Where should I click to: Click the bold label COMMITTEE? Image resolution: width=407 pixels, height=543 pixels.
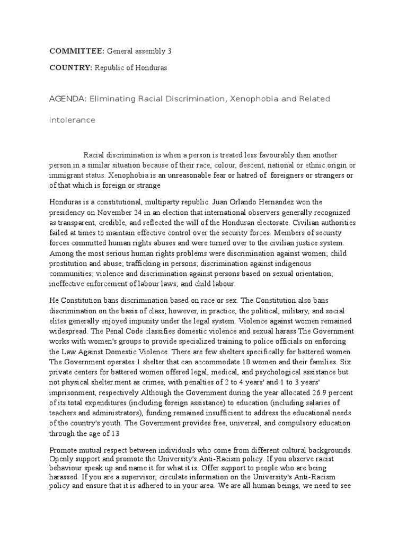coord(77,51)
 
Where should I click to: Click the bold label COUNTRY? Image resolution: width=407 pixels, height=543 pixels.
coord(70,68)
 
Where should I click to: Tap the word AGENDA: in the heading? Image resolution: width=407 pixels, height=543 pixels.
coord(67,99)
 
